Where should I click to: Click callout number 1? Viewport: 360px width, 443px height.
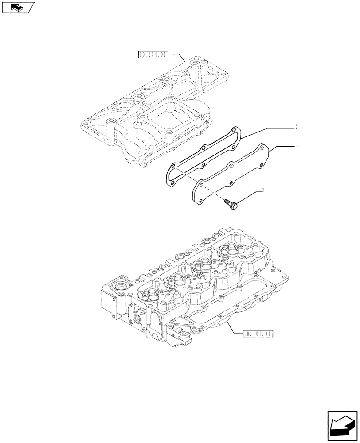coord(297,144)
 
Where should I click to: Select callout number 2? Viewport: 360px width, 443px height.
coord(297,127)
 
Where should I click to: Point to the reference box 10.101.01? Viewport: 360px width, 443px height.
coord(258,334)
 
